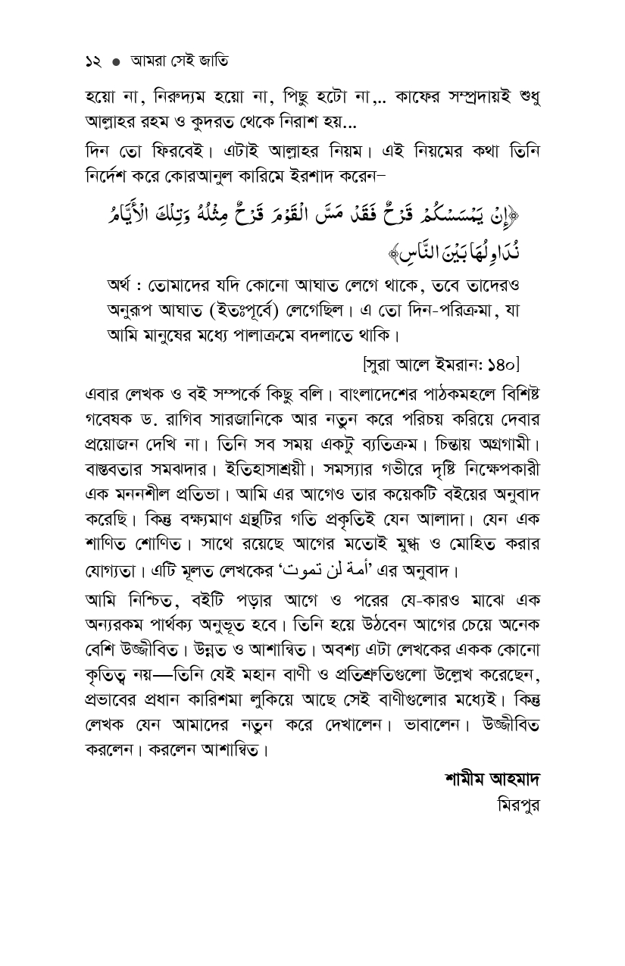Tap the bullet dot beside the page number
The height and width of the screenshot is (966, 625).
(x=116, y=62)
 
